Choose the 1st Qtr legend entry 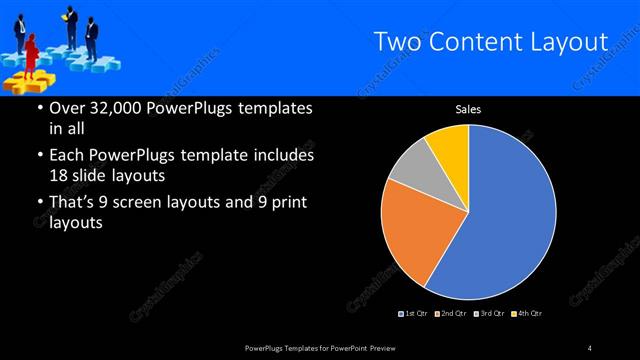click(415, 314)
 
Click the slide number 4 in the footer click(590, 347)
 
